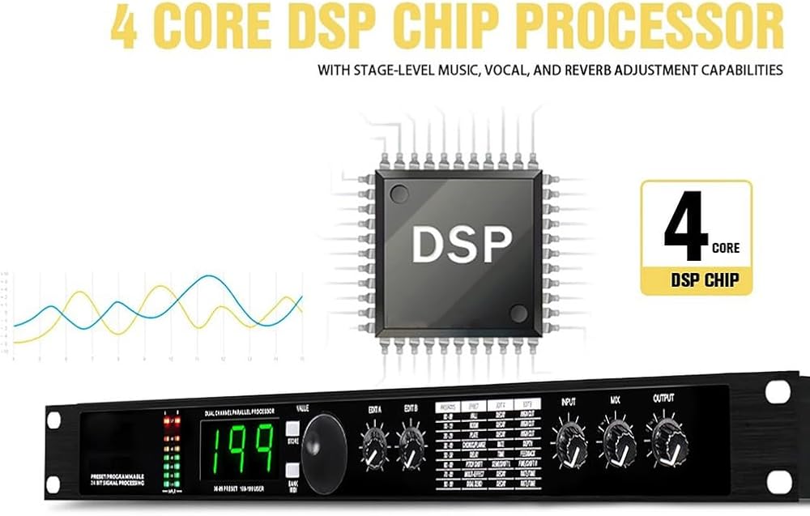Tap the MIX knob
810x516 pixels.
click(616, 442)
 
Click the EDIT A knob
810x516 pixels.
click(374, 446)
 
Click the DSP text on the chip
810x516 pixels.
click(461, 241)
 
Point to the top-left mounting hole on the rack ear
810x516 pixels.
click(54, 420)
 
